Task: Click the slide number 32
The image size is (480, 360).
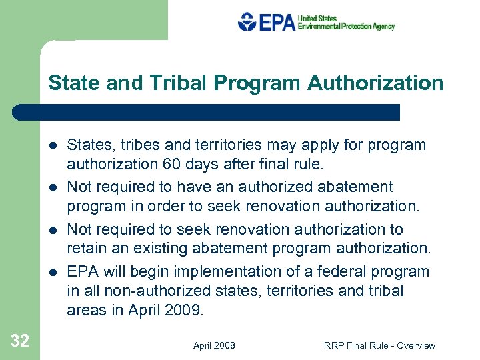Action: point(20,341)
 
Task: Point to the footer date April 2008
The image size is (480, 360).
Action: point(214,345)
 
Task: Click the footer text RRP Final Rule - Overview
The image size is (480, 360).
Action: point(379,345)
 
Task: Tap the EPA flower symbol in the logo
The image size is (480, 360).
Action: point(247,22)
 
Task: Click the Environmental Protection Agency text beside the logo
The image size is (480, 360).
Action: point(346,27)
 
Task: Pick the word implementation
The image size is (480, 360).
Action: point(213,271)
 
